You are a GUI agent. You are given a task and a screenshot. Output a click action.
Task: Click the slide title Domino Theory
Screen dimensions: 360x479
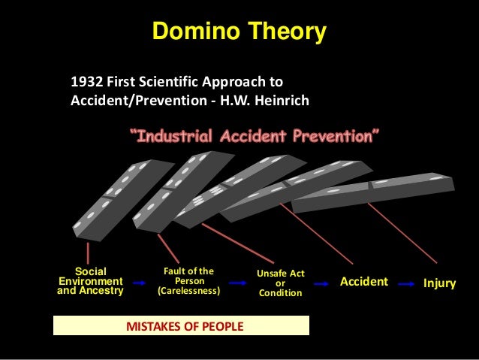coord(239,32)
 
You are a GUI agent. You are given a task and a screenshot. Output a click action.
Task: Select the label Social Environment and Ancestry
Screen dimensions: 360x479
coord(91,281)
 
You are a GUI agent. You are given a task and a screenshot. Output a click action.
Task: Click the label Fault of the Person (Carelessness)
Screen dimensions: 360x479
coord(188,281)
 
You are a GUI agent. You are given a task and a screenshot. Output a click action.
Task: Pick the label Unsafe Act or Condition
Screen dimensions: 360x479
coord(280,283)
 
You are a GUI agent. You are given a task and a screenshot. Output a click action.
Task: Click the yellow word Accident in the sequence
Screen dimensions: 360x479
coord(364,282)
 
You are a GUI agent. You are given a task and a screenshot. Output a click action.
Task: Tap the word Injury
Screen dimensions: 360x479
coord(439,283)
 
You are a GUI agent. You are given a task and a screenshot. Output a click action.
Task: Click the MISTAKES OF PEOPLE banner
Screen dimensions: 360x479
coord(181,326)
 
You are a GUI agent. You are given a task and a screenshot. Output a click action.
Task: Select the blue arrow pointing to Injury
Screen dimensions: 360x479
coord(408,284)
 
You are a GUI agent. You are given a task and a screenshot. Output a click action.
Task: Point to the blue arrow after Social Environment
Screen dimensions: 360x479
coord(137,283)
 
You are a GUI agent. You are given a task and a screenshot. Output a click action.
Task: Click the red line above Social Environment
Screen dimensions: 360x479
coord(88,252)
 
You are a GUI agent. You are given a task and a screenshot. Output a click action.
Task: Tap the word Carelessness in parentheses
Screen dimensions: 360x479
coord(188,291)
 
